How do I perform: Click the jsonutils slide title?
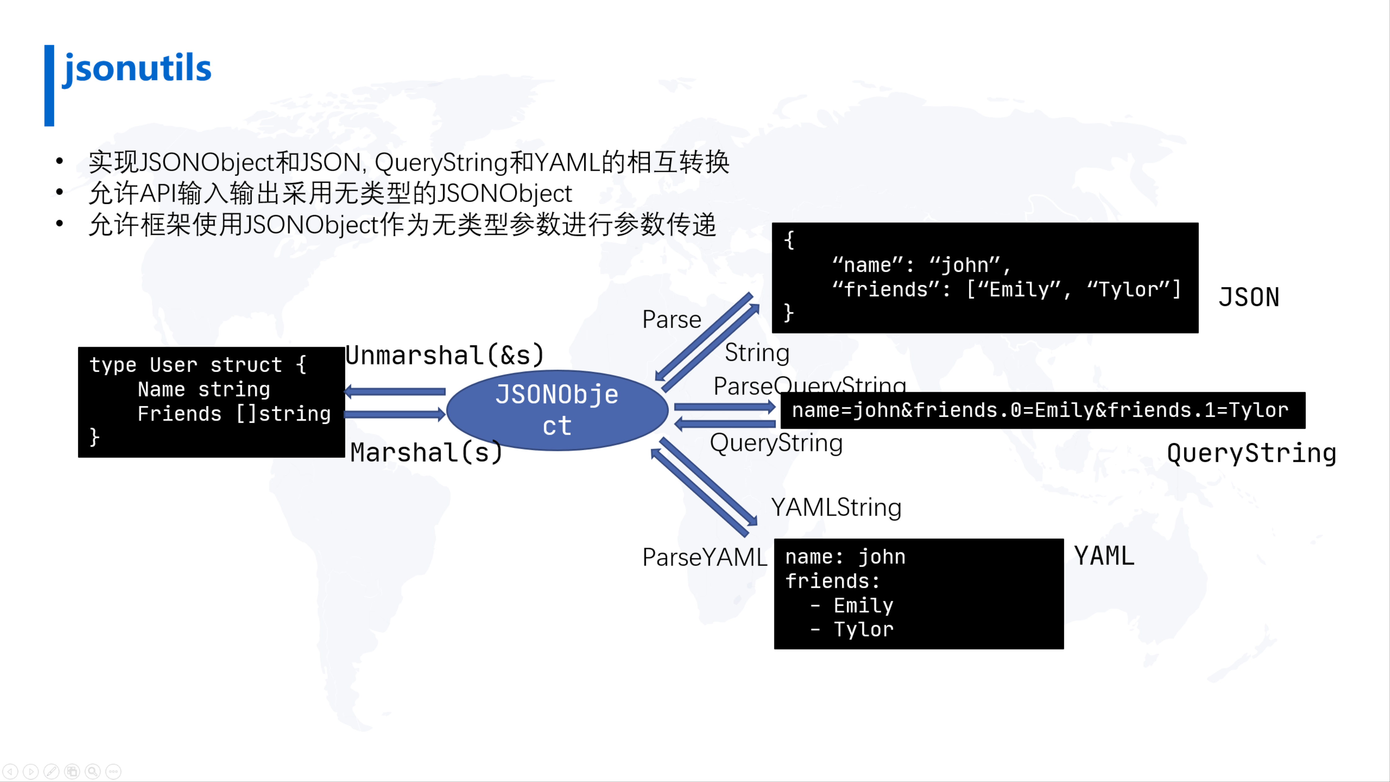click(x=137, y=69)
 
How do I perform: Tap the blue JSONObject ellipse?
click(x=557, y=410)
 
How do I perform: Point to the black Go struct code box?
click(x=211, y=402)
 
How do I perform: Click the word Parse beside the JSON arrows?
click(x=671, y=320)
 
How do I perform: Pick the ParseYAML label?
click(x=704, y=557)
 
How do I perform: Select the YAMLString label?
click(x=836, y=507)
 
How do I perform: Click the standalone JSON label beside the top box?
click(x=1249, y=297)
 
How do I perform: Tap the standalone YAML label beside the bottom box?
click(x=1104, y=556)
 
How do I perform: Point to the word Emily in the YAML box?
click(x=863, y=605)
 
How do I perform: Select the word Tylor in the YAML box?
click(x=863, y=629)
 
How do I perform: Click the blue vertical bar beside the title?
click(x=49, y=85)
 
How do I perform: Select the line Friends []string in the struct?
click(x=234, y=414)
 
